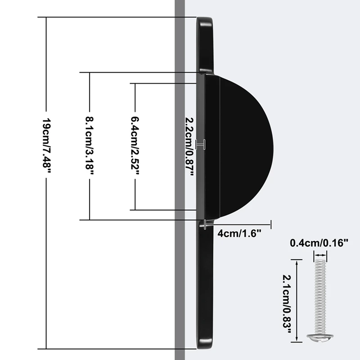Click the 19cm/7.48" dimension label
point(46,146)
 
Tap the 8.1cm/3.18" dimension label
point(90,146)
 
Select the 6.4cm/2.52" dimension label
point(135,146)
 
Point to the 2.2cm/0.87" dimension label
point(189,146)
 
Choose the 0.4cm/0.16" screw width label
point(319,243)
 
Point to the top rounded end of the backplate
point(205,27)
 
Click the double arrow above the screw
point(320,255)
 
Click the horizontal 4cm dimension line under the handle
point(238,224)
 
